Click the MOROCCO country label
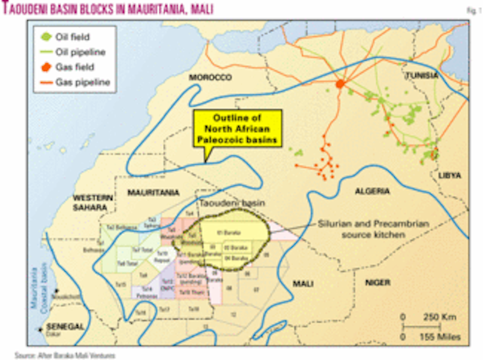[x=211, y=77]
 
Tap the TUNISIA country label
[x=421, y=75]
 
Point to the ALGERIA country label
[x=372, y=191]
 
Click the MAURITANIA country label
[x=153, y=193]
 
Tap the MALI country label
[x=303, y=284]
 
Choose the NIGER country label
[x=378, y=283]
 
